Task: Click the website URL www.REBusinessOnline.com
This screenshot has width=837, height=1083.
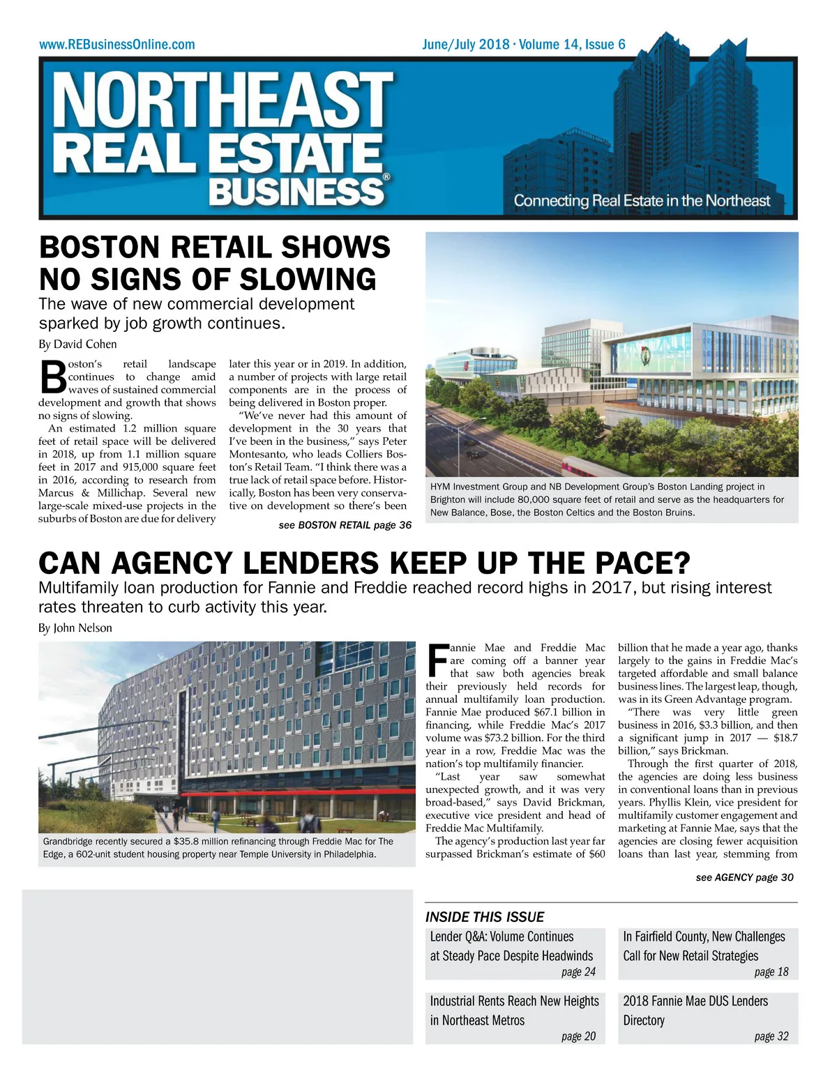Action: tap(117, 45)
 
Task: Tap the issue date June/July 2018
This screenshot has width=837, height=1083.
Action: tap(465, 45)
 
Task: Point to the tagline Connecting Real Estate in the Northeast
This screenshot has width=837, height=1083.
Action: tap(642, 201)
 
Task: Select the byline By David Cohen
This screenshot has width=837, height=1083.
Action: tap(77, 344)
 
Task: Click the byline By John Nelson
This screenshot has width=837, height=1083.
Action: tap(75, 628)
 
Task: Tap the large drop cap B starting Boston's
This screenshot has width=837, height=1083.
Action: tap(52, 377)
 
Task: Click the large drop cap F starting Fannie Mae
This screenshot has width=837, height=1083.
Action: tap(437, 660)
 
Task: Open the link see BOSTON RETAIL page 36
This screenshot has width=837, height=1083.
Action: tap(345, 525)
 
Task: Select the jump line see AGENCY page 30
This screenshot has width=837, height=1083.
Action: tap(744, 877)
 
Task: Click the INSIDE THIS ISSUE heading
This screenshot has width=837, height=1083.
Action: tap(485, 917)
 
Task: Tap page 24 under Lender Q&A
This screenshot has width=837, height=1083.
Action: tap(578, 972)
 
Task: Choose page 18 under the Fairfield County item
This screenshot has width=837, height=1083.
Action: tap(771, 972)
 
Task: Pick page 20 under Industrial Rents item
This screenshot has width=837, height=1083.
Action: tap(578, 1036)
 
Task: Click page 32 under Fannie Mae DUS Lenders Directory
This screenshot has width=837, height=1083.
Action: tap(771, 1036)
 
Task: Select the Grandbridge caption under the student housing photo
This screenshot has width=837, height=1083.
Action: tap(218, 848)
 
